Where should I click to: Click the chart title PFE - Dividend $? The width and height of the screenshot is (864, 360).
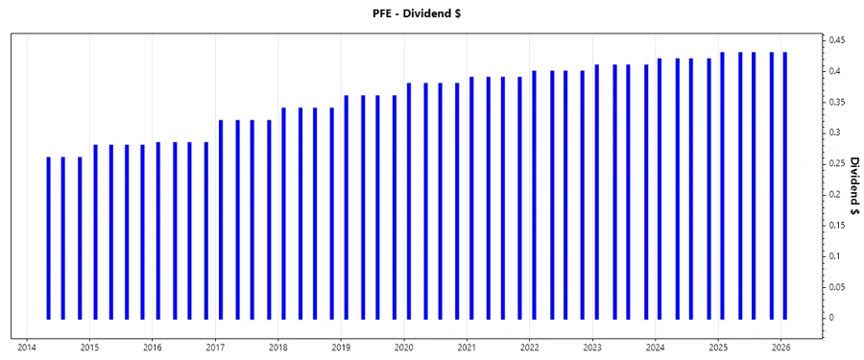[431, 13]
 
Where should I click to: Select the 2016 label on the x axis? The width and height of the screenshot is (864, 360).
[152, 348]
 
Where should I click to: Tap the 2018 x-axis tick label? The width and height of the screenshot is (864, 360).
[277, 348]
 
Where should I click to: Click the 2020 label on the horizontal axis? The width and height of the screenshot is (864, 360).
[404, 348]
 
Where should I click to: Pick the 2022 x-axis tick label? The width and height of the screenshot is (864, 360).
[530, 348]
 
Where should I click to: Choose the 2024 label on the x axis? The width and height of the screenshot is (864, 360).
[656, 348]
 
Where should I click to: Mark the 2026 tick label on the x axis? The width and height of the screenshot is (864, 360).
[781, 348]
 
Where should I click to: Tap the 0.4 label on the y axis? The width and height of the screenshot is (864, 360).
[833, 71]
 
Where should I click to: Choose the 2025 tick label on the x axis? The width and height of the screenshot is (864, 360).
[719, 348]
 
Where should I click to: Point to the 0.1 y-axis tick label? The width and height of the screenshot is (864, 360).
[833, 255]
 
